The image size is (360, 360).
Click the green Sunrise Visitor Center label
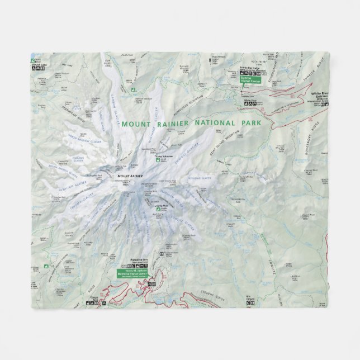point(251,80)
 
